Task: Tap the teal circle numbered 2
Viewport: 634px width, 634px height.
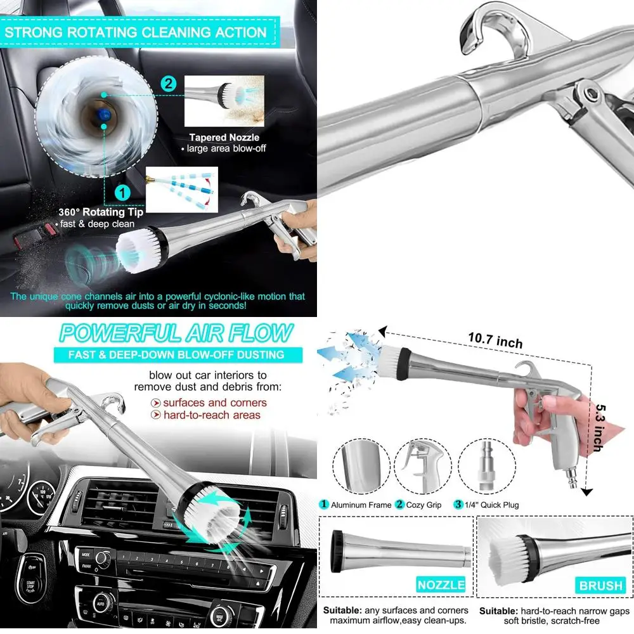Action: click(x=168, y=83)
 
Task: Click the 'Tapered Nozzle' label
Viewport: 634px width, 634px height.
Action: click(x=224, y=138)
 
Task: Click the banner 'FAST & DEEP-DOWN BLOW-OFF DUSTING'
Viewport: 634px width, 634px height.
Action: click(x=176, y=355)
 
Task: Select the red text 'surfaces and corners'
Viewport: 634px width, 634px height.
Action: click(x=215, y=403)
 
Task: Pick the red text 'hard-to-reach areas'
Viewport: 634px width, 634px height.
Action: click(x=212, y=415)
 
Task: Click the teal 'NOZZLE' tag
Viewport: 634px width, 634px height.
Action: click(x=441, y=585)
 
